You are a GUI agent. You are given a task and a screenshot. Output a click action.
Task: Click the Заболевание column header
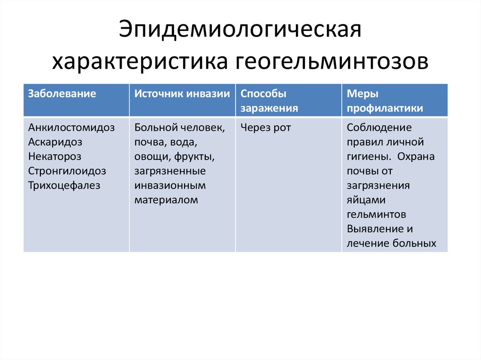pyautogui.click(x=62, y=93)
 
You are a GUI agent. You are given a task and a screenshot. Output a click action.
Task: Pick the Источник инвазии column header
pyautogui.click(x=182, y=93)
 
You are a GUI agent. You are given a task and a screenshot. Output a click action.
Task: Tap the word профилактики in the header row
pyautogui.click(x=385, y=108)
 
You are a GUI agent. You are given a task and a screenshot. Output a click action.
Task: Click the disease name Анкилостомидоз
pyautogui.click(x=71, y=128)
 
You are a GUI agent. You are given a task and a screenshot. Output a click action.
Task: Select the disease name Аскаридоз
pyautogui.click(x=55, y=142)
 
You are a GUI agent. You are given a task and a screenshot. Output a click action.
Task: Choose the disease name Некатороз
pyautogui.click(x=54, y=156)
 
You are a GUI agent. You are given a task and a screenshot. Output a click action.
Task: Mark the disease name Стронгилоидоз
pyautogui.click(x=67, y=171)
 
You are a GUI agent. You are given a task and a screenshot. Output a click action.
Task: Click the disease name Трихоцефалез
pyautogui.click(x=64, y=185)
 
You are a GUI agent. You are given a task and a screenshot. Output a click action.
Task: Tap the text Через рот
pyautogui.click(x=265, y=128)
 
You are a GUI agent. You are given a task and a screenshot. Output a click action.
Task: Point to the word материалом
pyautogui.click(x=166, y=200)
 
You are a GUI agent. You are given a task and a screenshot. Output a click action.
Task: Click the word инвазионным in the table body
pyautogui.click(x=170, y=185)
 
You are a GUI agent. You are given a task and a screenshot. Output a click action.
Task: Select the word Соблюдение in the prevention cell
pyautogui.click(x=379, y=128)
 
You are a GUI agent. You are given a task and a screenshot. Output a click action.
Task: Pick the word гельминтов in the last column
pyautogui.click(x=376, y=214)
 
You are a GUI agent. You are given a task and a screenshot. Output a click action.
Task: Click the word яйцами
pyautogui.click(x=366, y=200)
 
